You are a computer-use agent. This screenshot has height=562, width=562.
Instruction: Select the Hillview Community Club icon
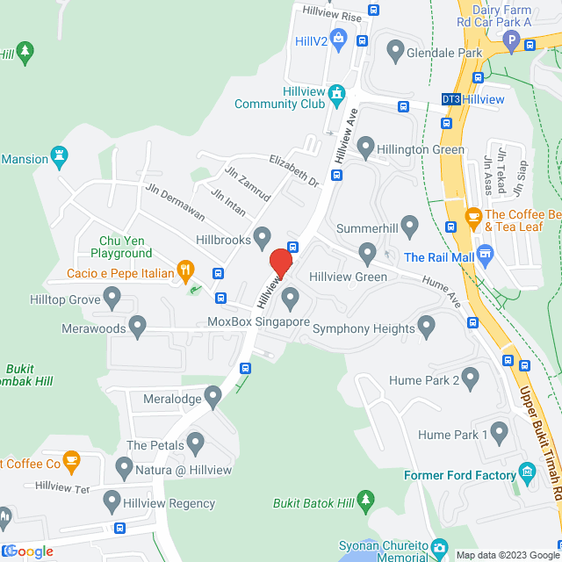(335, 93)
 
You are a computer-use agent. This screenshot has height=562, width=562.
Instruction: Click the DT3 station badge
(450, 99)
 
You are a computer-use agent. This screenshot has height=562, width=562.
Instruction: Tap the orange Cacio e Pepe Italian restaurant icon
(184, 269)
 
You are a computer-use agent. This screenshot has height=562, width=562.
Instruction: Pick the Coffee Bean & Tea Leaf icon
(472, 216)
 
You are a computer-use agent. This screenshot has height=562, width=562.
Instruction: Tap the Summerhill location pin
(408, 225)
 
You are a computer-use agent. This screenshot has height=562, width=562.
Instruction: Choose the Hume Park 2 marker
(471, 378)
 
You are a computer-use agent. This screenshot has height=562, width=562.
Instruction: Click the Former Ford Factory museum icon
(527, 472)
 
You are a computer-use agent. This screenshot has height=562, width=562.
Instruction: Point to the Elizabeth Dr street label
(294, 170)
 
